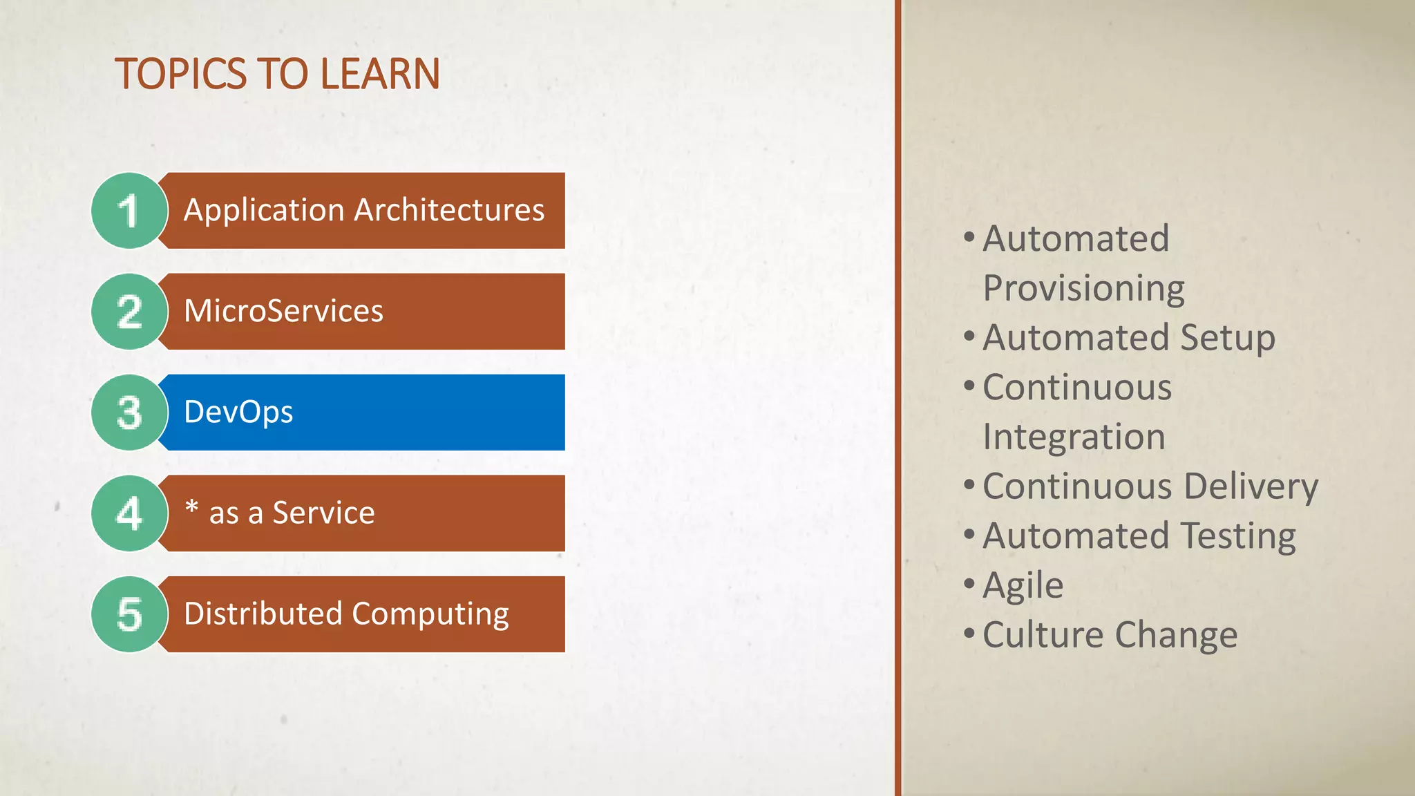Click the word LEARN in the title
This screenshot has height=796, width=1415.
379,74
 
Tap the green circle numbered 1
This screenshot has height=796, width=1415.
129,211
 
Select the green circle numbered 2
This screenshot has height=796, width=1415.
129,312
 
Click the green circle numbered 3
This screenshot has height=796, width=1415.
129,413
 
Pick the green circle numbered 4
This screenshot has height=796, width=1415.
129,513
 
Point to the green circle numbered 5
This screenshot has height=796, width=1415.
129,614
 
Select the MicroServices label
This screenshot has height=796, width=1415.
283,311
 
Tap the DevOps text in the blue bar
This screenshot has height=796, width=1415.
238,413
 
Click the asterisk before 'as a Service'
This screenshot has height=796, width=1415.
191,508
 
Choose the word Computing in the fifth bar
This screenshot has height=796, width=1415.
430,614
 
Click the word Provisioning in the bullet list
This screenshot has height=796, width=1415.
1083,289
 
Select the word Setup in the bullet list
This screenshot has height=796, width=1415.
1227,338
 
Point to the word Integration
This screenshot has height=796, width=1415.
1074,437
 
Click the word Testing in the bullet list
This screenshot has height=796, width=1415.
1237,536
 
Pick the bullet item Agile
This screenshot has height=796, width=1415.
1023,586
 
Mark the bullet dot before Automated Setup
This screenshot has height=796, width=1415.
969,337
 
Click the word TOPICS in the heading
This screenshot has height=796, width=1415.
180,74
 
